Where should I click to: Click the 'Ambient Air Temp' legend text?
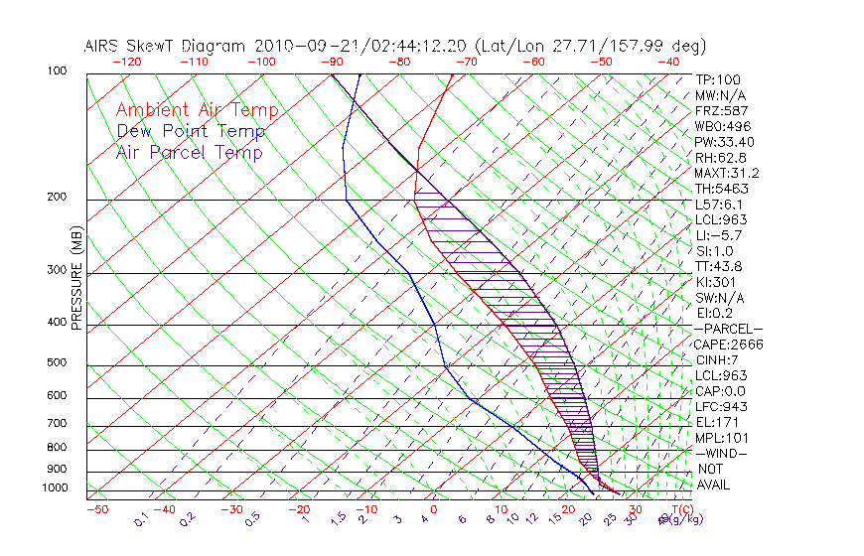point(197,110)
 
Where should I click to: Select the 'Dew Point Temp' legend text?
point(191,131)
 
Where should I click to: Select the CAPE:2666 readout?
point(729,345)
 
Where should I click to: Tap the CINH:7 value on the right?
point(717,359)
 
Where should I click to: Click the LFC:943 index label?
point(721,407)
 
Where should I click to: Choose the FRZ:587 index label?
point(721,110)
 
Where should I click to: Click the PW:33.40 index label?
point(726,142)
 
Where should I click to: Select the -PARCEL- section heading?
point(728,329)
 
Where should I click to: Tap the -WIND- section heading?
point(721,453)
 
